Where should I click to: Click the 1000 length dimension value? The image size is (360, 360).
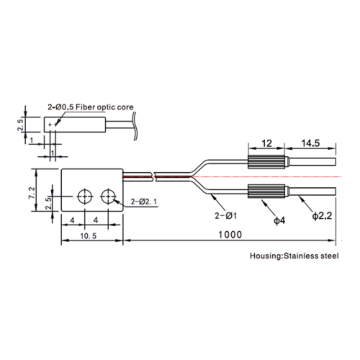(x=230, y=235)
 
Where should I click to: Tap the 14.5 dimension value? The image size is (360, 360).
(x=310, y=143)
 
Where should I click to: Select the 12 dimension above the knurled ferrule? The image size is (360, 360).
(x=266, y=143)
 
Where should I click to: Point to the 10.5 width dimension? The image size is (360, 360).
(x=89, y=236)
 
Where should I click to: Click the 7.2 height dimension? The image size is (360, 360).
(x=32, y=193)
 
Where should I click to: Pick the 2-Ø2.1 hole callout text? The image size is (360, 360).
(x=144, y=202)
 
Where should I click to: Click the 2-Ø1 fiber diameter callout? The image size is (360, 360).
(x=226, y=216)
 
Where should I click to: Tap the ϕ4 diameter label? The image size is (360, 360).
(x=279, y=220)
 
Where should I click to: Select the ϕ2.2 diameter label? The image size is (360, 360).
(x=322, y=216)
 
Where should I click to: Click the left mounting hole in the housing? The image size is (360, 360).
(x=85, y=197)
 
